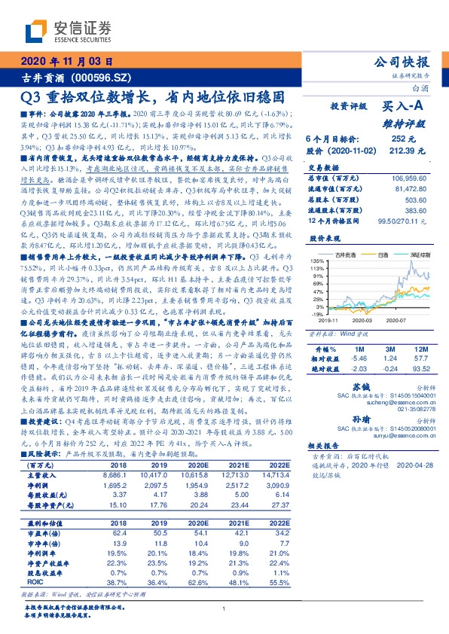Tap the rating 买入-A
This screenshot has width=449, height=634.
click(405, 107)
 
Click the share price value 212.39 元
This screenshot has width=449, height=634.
click(415, 151)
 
